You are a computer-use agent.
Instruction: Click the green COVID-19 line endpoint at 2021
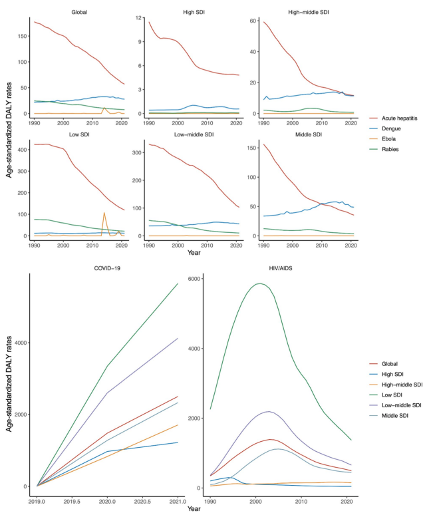(178, 283)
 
